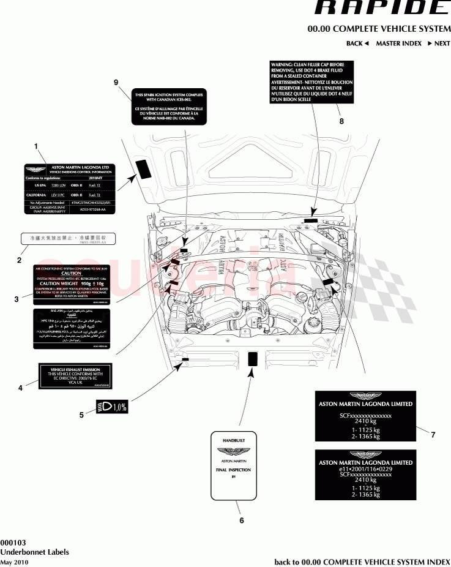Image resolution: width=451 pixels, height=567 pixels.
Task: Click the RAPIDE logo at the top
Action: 381,8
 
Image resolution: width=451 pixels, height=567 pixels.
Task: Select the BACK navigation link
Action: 357,43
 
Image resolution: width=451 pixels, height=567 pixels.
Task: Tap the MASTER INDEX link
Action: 398,43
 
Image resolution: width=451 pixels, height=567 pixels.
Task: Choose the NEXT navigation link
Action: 438,43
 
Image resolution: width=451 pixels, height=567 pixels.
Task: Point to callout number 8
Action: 341,121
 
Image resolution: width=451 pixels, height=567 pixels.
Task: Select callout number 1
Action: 36,146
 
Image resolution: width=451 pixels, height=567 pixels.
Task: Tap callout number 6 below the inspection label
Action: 241,520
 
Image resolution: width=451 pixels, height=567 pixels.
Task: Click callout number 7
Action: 433,435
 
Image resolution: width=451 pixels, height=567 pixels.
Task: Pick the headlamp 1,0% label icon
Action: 112,407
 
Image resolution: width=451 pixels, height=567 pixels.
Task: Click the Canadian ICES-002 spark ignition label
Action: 169,107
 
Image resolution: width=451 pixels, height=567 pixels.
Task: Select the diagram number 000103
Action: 13,542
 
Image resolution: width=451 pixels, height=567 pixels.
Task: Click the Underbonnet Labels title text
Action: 34,552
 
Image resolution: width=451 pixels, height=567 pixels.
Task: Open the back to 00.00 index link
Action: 362,561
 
